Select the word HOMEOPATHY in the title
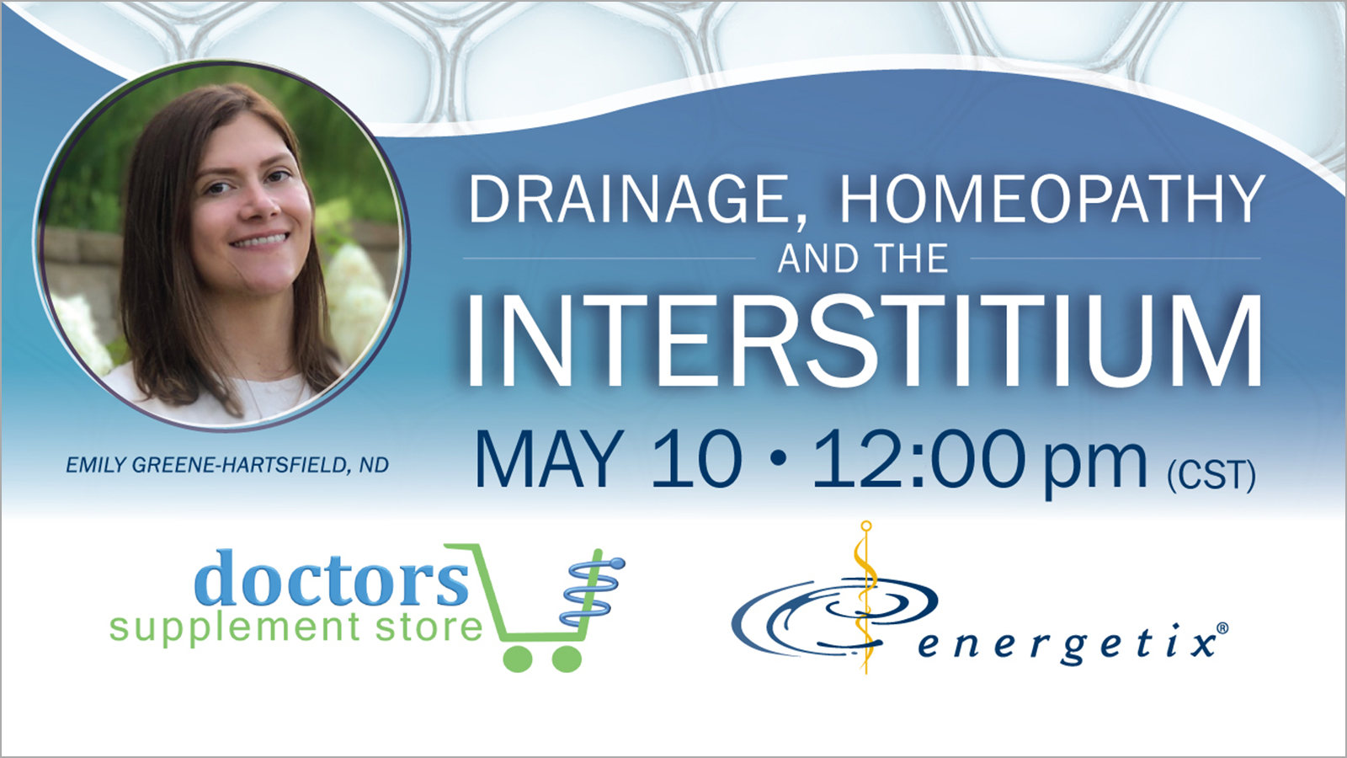click(x=1052, y=199)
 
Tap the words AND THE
click(x=863, y=259)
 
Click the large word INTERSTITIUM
click(x=864, y=340)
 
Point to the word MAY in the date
click(x=549, y=459)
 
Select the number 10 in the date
click(x=696, y=459)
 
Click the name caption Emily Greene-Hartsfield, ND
click(x=227, y=465)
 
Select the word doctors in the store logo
click(x=332, y=578)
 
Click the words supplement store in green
click(x=295, y=628)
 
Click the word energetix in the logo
click(x=1066, y=645)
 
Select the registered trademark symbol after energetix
click(x=1222, y=628)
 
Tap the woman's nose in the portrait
click(x=263, y=206)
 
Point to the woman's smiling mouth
click(x=260, y=239)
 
